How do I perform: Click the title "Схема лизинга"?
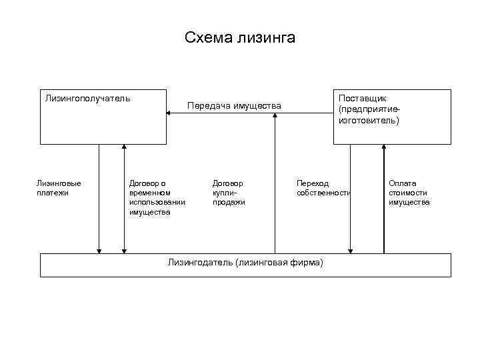(240, 38)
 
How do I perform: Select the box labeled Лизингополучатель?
(103, 117)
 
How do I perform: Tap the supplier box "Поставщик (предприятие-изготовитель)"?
(392, 117)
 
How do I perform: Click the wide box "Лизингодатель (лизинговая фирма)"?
(245, 265)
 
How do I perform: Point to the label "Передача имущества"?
(234, 105)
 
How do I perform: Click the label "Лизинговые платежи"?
(59, 187)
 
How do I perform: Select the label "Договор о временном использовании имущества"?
(157, 197)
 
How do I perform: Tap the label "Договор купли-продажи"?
(229, 192)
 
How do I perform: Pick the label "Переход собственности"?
(323, 187)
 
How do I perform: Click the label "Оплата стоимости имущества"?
(409, 192)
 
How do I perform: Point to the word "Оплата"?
(403, 183)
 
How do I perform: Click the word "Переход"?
(313, 183)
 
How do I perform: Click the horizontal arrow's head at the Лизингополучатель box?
(169, 113)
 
